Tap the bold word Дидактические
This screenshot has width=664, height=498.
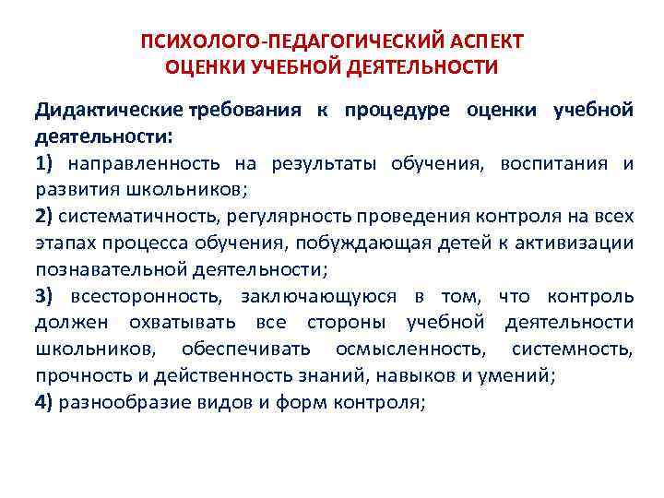point(110,111)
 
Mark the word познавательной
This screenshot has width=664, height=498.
point(112,270)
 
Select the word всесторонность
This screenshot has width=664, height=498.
point(150,296)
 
